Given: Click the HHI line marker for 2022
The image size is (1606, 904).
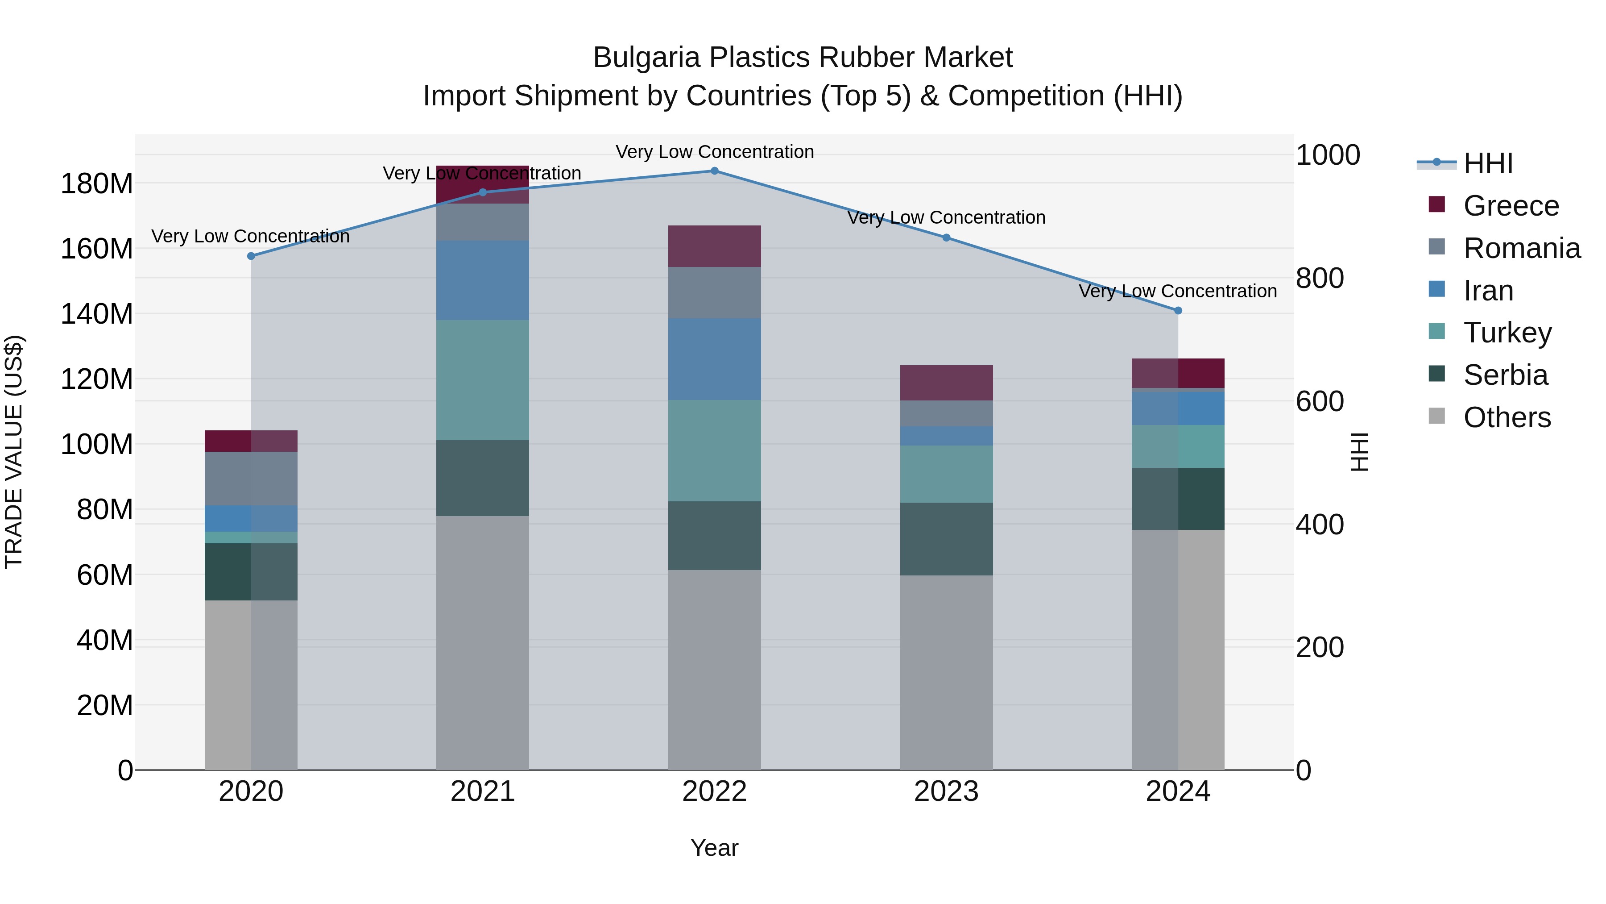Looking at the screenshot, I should pyautogui.click(x=715, y=171).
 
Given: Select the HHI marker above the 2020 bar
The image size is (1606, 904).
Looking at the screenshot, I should pyautogui.click(x=251, y=256).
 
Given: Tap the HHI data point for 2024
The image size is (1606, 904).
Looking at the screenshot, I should pyautogui.click(x=1178, y=311).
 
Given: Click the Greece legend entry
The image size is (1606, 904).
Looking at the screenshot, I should pyautogui.click(x=1511, y=206).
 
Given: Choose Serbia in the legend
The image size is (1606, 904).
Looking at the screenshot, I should pyautogui.click(x=1505, y=375).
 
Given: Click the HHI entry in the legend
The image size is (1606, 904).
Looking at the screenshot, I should pyautogui.click(x=1487, y=163).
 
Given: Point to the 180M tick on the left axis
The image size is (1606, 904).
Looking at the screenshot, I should pyautogui.click(x=97, y=184).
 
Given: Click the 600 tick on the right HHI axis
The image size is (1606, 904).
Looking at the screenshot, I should pyautogui.click(x=1319, y=401).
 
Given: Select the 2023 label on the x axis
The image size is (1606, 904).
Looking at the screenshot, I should pyautogui.click(x=946, y=792).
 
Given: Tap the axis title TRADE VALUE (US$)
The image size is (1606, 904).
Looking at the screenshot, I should pyautogui.click(x=14, y=452).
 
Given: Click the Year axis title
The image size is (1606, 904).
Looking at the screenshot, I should pyautogui.click(x=715, y=848).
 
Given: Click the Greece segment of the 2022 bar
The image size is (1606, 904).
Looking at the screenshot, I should pyautogui.click(x=715, y=246).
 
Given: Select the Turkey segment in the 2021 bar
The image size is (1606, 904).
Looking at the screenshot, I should pyautogui.click(x=483, y=380).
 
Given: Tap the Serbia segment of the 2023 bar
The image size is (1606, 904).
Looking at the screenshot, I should pyautogui.click(x=946, y=538).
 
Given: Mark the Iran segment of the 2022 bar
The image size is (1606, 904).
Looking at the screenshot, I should pyautogui.click(x=715, y=359).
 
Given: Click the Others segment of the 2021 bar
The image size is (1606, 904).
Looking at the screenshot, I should pyautogui.click(x=483, y=642).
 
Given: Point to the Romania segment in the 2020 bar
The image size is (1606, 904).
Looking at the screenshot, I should pyautogui.click(x=251, y=479).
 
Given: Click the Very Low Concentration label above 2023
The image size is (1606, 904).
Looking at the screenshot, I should pyautogui.click(x=946, y=218).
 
